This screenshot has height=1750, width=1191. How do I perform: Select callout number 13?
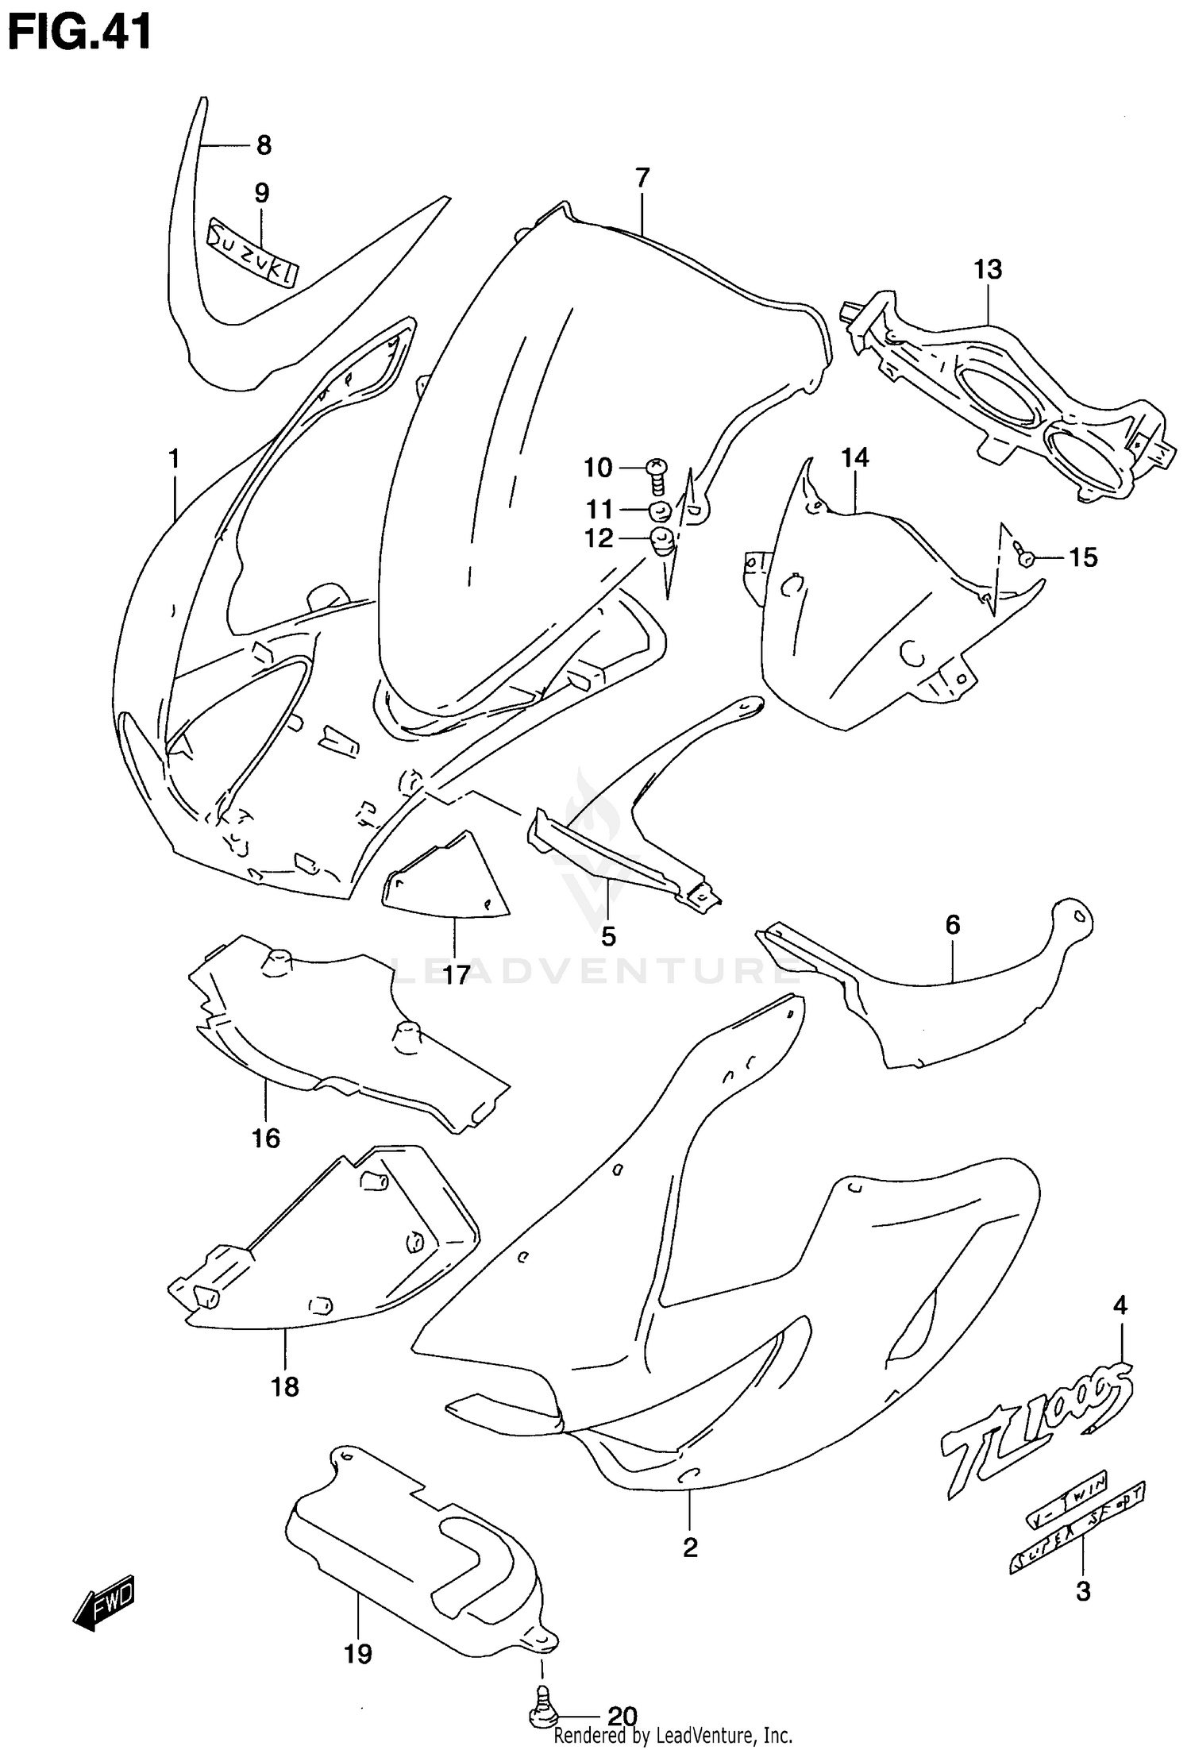pyautogui.click(x=988, y=269)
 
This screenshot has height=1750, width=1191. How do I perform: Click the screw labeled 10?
pyautogui.click(x=657, y=475)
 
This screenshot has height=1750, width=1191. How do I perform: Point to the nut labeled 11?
pyautogui.click(x=661, y=511)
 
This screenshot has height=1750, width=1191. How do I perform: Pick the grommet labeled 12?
pyautogui.click(x=662, y=542)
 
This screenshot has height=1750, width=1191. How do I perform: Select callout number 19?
pyautogui.click(x=358, y=1655)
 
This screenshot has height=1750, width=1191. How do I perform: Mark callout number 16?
pyautogui.click(x=266, y=1138)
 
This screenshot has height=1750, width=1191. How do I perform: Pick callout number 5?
pyautogui.click(x=608, y=937)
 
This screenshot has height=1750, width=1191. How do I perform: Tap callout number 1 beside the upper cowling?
pyautogui.click(x=173, y=459)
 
